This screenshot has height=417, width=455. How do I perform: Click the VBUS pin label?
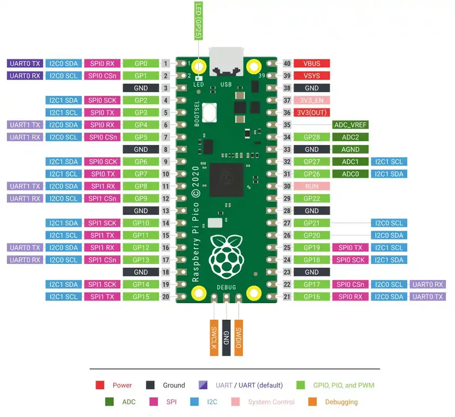(x=312, y=63)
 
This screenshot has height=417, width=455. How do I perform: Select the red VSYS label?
(x=312, y=76)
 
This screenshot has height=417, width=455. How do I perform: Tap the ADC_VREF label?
(x=350, y=125)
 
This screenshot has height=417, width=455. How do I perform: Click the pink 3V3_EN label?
(x=312, y=100)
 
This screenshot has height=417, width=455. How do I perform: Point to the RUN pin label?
(x=312, y=186)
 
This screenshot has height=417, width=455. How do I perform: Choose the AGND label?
(x=350, y=150)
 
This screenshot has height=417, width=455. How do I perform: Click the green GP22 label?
(x=312, y=199)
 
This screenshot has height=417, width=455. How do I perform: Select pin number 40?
(x=287, y=63)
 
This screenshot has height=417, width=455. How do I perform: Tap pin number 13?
(x=166, y=210)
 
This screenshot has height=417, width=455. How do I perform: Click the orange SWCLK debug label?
(x=214, y=338)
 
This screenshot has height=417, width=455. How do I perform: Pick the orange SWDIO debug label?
(x=238, y=338)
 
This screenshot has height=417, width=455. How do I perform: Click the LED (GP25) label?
(x=198, y=20)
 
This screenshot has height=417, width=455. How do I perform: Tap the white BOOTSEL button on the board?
(x=209, y=112)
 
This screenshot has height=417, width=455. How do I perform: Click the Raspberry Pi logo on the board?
(x=226, y=257)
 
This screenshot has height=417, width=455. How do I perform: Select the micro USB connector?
(x=226, y=62)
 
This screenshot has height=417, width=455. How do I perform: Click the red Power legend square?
(x=100, y=385)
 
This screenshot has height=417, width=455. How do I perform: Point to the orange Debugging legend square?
(x=312, y=402)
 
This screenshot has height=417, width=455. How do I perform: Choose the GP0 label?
(x=140, y=63)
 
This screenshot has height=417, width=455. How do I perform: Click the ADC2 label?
(x=350, y=137)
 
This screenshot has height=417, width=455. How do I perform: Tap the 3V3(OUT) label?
(x=312, y=112)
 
